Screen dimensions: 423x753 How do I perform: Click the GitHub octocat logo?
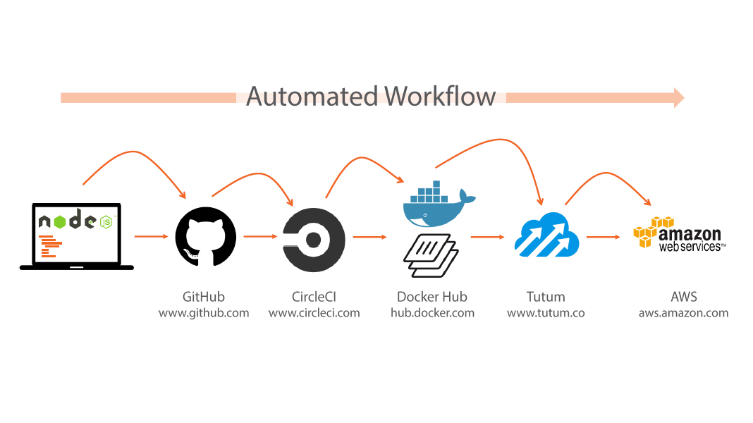coord(205,236)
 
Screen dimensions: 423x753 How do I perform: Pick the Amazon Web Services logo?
coord(679,233)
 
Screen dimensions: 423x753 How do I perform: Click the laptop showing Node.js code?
coord(77,236)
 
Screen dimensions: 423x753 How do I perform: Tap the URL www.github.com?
coord(204,312)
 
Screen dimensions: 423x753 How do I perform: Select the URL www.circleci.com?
coord(314,312)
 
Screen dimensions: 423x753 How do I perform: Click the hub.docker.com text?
coord(432,312)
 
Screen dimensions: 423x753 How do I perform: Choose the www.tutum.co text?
coord(546,312)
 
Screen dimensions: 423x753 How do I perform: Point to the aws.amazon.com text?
coord(683,312)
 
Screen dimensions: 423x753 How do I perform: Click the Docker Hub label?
coord(432,296)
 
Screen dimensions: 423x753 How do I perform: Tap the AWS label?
coord(684,296)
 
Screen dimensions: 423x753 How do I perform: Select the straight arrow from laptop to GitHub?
coord(149,236)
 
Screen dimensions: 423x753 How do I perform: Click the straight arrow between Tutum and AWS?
coord(602,237)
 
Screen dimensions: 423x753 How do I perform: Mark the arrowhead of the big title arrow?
coord(678,97)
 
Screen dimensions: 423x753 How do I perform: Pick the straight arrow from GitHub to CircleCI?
coord(259,236)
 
